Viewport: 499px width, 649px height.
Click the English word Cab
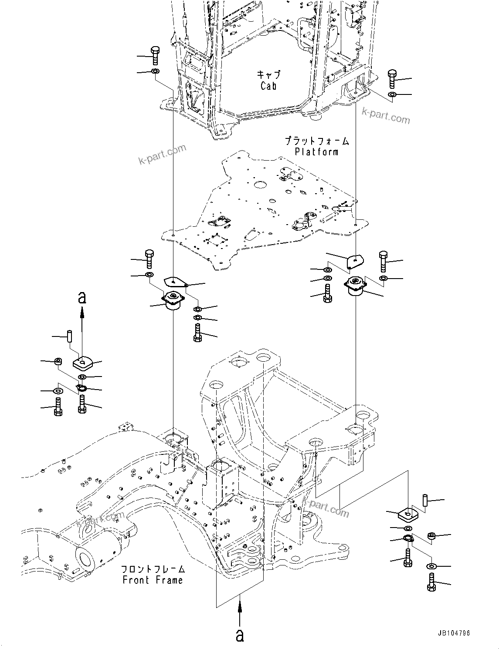pos(268,86)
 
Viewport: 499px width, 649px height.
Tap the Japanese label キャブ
pos(268,74)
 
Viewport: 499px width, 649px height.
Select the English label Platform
pos(316,152)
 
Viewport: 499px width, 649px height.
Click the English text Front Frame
pos(153,580)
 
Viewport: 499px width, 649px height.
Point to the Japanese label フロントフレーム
pos(153,569)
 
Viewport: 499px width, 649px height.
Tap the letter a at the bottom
pos(240,635)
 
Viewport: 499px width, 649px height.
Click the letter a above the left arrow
pos(81,298)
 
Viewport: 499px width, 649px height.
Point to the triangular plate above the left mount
pos(175,282)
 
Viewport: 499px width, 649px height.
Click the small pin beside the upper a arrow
pos(69,336)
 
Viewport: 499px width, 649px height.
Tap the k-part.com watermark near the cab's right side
pos(386,115)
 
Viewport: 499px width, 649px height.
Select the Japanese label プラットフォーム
pos(317,141)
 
